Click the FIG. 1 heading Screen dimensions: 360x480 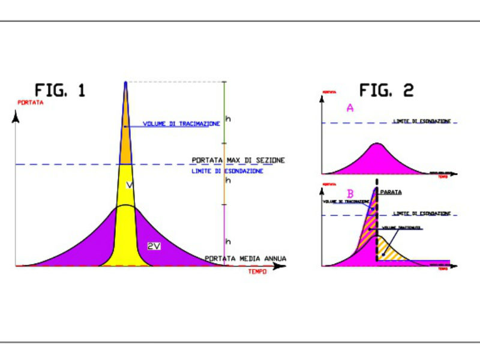pos(60,91)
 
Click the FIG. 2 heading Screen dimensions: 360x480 pos(386,91)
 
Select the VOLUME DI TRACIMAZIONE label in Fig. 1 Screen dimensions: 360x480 pos(181,124)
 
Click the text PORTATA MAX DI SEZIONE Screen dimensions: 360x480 pos(238,160)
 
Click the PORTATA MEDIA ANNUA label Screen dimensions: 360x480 pos(245,259)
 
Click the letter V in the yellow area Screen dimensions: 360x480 pos(129,186)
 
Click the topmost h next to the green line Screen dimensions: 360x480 pos(227,119)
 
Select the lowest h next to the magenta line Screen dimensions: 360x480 pos(227,241)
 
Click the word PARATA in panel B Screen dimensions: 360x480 pos(391,192)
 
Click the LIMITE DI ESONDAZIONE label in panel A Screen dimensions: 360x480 pos(421,122)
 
